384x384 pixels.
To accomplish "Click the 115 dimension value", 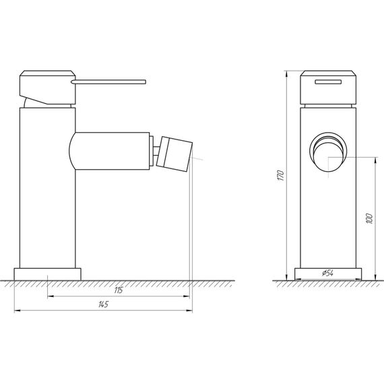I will pyautogui.click(x=118, y=290).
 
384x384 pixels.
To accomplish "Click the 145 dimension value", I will pyautogui.click(x=102, y=305).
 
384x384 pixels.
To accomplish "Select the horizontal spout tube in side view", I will pyautogui.click(x=111, y=151).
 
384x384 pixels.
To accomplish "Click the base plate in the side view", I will pyautogui.click(x=48, y=274).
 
